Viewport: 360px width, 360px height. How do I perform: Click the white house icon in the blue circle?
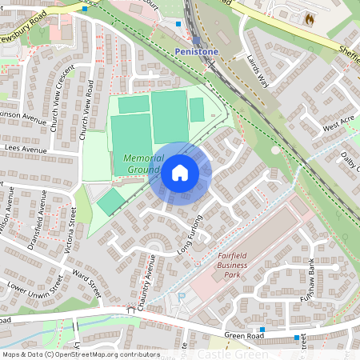180,174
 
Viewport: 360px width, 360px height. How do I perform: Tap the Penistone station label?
196,51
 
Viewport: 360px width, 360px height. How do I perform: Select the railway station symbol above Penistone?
196,40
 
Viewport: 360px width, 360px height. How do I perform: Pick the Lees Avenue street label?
30,148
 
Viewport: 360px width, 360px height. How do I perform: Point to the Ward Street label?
89,285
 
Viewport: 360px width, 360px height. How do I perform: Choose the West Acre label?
338,123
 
